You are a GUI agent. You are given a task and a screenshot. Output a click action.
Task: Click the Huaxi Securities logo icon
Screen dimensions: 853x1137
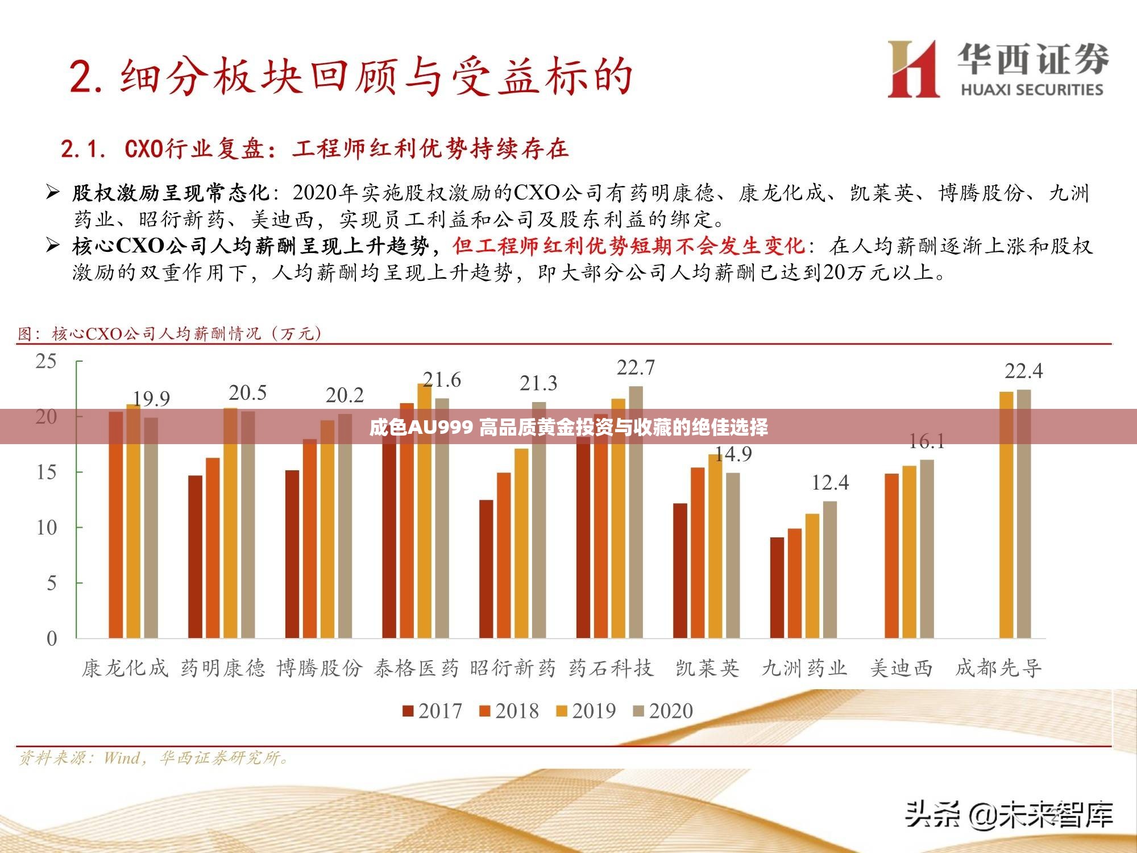click(913, 69)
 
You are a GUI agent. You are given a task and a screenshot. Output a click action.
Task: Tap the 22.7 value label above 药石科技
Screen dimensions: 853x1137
click(636, 368)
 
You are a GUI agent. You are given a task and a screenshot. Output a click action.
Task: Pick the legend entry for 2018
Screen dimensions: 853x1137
click(509, 711)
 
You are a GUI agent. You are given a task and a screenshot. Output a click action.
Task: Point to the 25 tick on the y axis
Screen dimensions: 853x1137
click(47, 361)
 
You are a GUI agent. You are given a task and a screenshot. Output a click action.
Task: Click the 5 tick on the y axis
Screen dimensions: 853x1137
click(51, 583)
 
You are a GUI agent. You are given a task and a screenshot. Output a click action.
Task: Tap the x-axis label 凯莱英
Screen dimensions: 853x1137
click(707, 668)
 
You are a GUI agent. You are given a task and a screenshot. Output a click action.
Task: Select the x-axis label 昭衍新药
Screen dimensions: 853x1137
click(513, 668)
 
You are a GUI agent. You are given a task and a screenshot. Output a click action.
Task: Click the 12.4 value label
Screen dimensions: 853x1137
click(829, 483)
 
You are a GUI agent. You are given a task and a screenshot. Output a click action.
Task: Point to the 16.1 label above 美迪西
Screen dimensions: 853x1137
click(927, 441)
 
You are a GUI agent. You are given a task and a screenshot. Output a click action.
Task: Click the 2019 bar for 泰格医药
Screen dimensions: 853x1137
click(424, 512)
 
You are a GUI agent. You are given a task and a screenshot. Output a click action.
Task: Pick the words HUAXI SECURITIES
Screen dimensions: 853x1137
click(1032, 89)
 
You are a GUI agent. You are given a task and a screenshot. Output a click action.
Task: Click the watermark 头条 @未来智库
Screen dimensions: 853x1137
click(1009, 815)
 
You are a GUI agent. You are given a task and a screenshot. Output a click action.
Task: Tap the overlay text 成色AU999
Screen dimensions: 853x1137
click(421, 426)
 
